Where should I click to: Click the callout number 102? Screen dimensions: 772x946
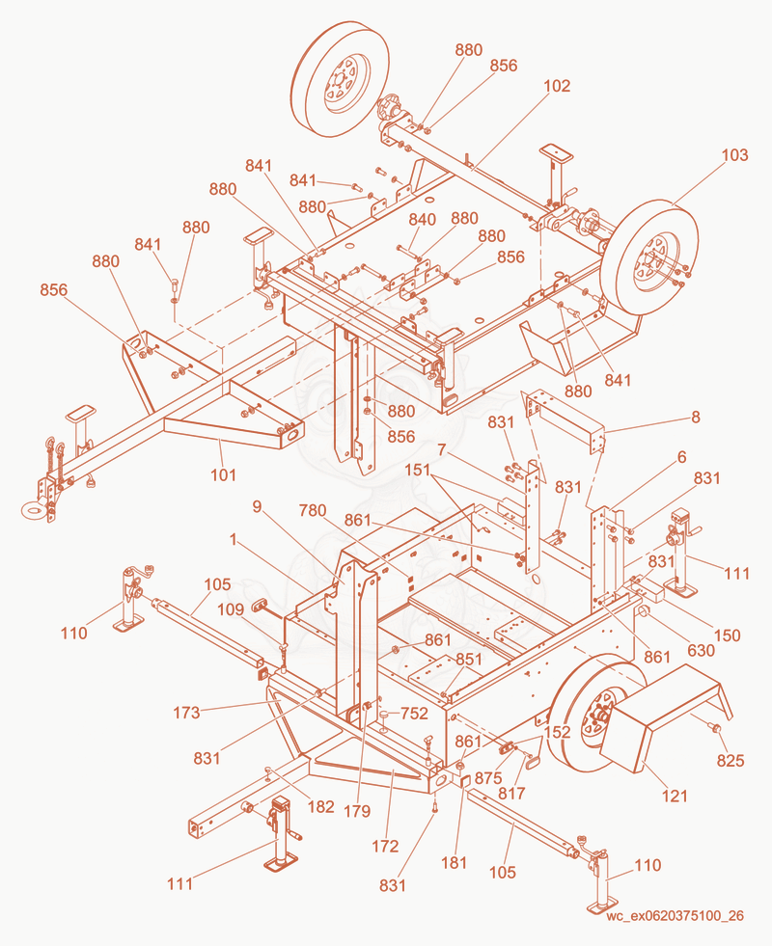557,86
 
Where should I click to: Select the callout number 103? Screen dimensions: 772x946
734,155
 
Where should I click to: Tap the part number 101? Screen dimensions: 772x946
223,474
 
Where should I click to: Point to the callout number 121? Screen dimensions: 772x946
675,797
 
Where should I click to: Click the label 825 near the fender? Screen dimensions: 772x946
731,761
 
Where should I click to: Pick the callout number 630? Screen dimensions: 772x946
701,650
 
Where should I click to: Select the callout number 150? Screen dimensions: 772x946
727,635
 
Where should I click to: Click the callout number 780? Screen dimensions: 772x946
313,510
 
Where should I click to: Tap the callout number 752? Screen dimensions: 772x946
414,714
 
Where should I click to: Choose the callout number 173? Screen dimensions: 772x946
186,713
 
